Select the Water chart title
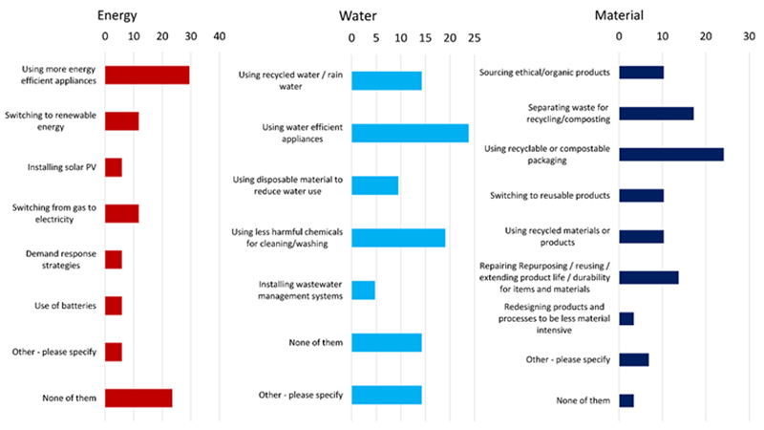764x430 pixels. [359, 15]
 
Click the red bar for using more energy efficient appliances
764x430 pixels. [147, 75]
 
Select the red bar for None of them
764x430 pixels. [138, 398]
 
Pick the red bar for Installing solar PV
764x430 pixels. [114, 167]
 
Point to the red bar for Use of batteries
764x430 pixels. [114, 306]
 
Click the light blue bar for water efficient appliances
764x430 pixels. [410, 133]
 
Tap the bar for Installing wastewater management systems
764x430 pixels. [364, 290]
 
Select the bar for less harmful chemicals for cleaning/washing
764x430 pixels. [398, 237]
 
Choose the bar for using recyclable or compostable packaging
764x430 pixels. [671, 154]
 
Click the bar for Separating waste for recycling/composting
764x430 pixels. [656, 113]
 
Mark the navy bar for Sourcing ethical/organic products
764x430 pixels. [641, 72]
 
